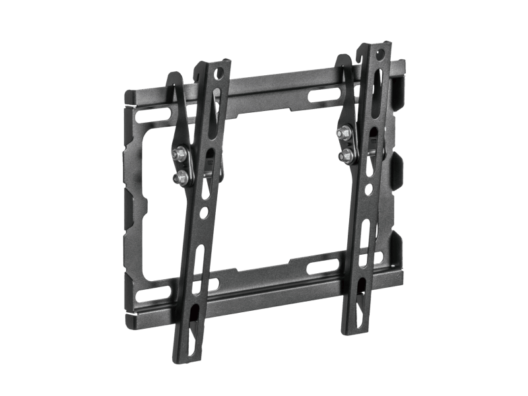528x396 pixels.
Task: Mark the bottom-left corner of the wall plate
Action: click(129, 323)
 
